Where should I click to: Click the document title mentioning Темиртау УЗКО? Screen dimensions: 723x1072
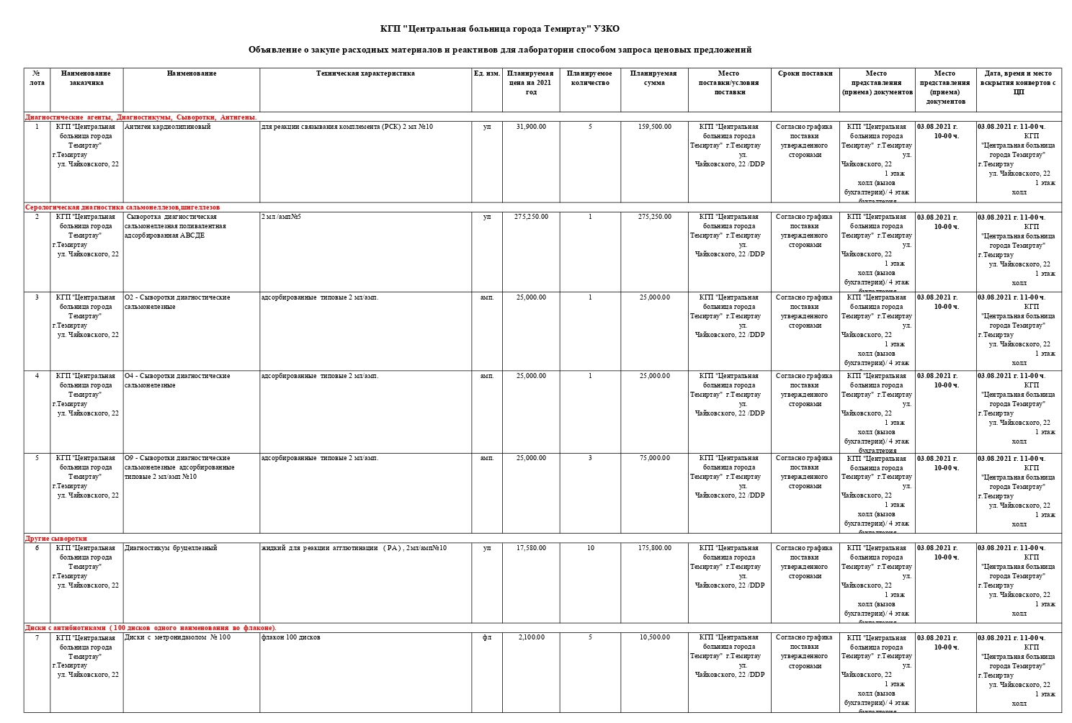click(x=499, y=29)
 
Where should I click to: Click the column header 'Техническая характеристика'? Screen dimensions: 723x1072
click(x=365, y=73)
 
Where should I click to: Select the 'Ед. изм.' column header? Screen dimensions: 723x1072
click(x=487, y=73)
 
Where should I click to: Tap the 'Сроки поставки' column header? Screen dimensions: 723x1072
click(x=805, y=73)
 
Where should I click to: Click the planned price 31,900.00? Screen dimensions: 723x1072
click(x=531, y=127)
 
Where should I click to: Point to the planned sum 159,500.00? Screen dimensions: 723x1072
click(x=654, y=127)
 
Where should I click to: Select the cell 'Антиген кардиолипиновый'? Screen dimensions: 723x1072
click(x=168, y=127)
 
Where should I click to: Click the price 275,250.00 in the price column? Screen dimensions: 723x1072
click(x=531, y=217)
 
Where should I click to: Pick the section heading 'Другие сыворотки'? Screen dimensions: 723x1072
click(x=56, y=539)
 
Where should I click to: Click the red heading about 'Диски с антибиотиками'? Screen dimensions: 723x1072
click(x=151, y=628)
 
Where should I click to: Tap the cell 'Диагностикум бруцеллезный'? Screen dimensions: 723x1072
click(x=171, y=548)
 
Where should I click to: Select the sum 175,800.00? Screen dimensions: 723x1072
click(x=654, y=548)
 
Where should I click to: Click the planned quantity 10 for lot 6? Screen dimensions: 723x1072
click(x=590, y=548)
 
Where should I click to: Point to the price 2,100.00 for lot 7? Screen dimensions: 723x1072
click(x=531, y=637)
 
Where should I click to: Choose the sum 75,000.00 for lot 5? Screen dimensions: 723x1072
click(x=654, y=458)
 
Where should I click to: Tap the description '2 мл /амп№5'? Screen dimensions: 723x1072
click(x=281, y=217)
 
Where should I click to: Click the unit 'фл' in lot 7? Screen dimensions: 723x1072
click(x=487, y=637)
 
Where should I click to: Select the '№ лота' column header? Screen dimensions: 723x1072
click(x=37, y=78)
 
